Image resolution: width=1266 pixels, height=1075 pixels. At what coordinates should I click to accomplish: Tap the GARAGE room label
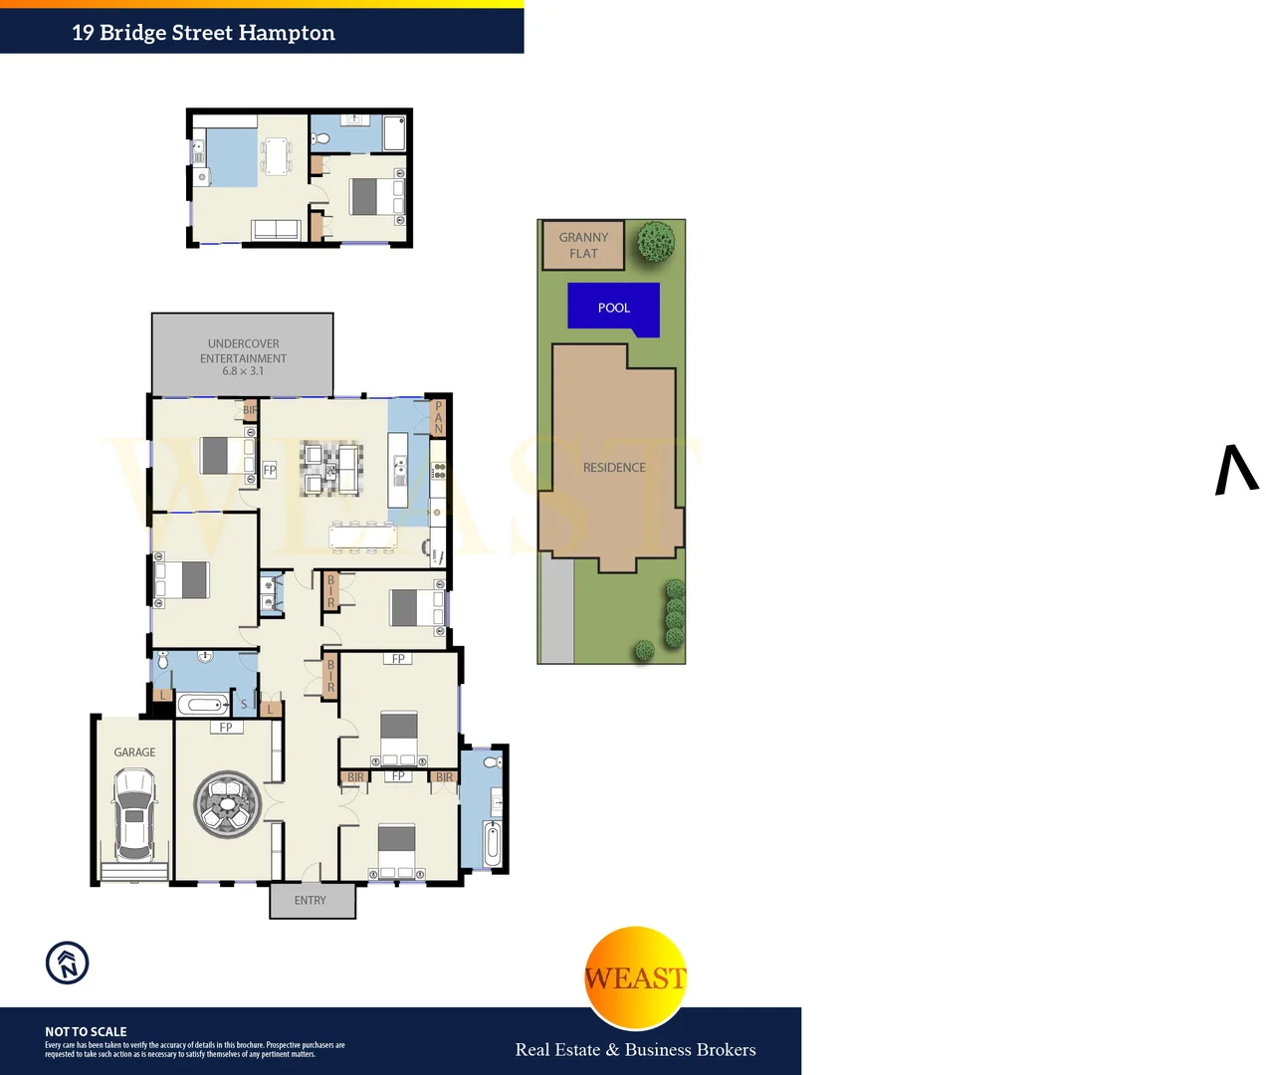[x=134, y=752]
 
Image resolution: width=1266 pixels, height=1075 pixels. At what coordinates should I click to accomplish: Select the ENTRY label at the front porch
[x=311, y=900]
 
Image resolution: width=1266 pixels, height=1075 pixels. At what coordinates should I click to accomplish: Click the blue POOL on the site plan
[x=613, y=307]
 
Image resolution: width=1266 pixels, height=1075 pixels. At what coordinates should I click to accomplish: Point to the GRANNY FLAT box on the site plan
[x=583, y=245]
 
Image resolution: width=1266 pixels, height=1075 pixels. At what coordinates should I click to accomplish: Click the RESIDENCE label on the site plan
[x=614, y=467]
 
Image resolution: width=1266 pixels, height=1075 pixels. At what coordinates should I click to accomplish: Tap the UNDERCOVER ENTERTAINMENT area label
[x=243, y=350]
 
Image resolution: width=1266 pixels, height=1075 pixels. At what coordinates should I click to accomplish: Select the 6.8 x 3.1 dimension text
[x=243, y=371]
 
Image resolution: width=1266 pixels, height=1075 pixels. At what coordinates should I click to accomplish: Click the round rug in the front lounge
[x=228, y=803]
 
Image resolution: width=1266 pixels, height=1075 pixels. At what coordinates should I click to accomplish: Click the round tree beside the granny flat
[x=656, y=242]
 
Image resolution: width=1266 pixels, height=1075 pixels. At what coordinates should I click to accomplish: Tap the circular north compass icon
[x=68, y=963]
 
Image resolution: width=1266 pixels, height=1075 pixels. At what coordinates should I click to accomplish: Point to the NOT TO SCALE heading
[x=86, y=1031]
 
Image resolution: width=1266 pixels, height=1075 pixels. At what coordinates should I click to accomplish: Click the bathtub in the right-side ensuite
[x=492, y=842]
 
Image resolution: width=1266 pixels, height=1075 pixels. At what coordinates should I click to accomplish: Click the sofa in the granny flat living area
[x=276, y=229]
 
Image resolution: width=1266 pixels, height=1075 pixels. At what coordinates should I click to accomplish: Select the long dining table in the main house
[x=362, y=537]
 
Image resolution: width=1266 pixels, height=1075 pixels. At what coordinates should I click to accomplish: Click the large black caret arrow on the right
[x=1236, y=470]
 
